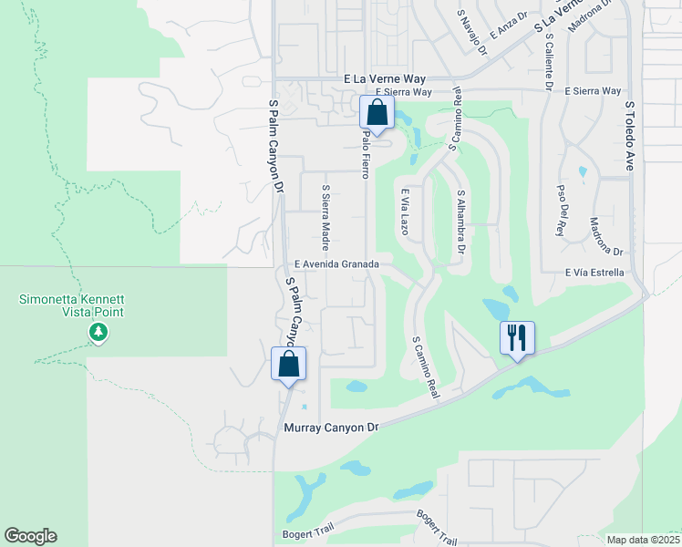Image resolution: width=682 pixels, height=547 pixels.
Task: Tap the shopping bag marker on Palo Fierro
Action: click(377, 113)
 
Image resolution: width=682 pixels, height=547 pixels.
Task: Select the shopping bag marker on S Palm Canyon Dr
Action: click(288, 364)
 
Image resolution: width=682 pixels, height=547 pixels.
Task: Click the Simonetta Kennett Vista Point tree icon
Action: click(98, 334)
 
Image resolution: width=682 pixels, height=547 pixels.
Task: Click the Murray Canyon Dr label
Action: click(330, 427)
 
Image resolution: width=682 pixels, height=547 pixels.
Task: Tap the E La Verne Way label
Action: click(387, 79)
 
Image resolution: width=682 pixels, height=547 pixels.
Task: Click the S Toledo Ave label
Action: click(629, 136)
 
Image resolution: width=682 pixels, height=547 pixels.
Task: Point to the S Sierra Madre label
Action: click(325, 218)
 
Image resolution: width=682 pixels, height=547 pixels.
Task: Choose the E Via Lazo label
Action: click(402, 211)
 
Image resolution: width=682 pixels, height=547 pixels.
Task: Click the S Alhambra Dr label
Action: click(461, 222)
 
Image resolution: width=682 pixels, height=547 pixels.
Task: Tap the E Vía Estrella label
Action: click(594, 272)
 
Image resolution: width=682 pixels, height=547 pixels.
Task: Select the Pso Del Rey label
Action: click(561, 211)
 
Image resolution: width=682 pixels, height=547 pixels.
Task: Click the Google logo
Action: click(30, 536)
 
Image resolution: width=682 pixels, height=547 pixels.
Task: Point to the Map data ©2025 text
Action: click(642, 540)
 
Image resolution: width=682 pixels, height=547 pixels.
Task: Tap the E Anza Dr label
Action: click(508, 25)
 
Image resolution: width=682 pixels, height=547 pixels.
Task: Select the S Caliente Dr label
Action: click(550, 63)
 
